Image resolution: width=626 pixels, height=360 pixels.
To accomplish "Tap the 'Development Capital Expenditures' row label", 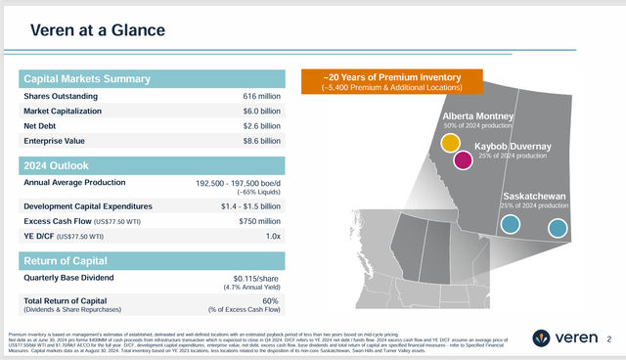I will coord(88,206).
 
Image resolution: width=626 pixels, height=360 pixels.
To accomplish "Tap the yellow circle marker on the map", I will coord(451,143).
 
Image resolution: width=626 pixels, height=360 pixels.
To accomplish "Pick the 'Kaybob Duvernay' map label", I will coord(513,147).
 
